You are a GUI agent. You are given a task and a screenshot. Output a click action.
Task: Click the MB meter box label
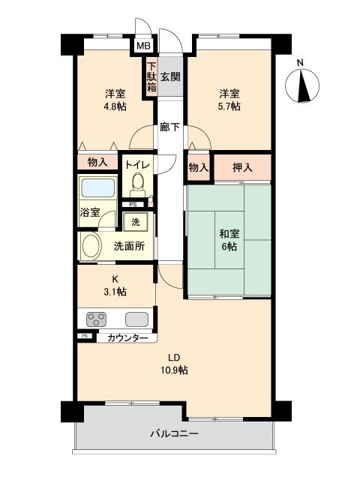pos(142,46)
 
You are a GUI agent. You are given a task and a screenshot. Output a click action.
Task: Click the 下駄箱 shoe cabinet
pos(151,76)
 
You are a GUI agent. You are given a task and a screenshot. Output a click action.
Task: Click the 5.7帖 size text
pos(229,106)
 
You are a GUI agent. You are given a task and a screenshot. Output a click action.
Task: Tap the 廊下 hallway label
pos(169,127)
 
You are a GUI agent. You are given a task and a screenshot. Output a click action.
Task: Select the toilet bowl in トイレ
pos(137,182)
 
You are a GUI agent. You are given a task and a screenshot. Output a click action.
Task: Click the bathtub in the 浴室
pos(97,187)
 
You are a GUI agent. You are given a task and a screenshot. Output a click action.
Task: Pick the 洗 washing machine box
pos(136,222)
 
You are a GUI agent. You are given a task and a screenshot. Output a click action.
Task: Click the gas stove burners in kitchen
pos(96,318)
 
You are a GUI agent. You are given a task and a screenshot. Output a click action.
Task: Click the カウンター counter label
pos(127,338)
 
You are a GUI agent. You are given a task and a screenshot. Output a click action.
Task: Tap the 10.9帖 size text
pos(172,370)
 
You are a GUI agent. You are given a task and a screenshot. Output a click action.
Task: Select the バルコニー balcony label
pos(174,433)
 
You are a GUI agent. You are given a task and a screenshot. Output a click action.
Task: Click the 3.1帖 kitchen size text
pos(115,291)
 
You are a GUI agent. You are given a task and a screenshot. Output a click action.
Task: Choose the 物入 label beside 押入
pos(198,167)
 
